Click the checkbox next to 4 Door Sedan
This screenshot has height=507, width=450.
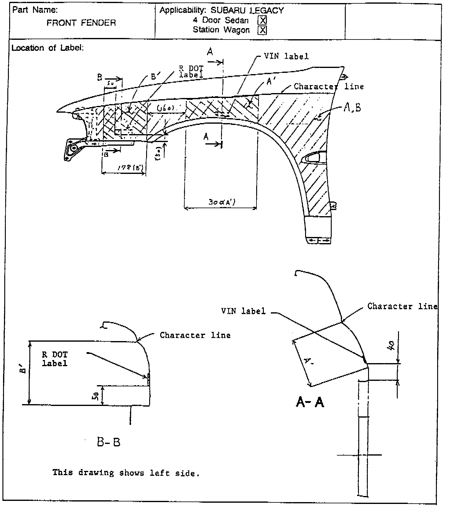262,21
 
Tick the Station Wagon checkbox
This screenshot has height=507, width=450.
262,30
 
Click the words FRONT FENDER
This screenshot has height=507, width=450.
81,23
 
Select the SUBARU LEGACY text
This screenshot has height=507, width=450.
247,10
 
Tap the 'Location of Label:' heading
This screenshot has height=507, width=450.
47,48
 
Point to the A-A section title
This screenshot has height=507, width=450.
310,402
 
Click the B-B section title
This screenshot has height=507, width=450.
109,442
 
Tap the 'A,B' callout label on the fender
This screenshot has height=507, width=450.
352,107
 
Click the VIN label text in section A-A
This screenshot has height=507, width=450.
243,311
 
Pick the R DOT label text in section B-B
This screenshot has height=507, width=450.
55,359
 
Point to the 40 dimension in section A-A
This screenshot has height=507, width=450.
391,346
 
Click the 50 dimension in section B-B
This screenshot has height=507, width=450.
95,396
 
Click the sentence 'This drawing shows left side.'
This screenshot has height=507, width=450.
126,473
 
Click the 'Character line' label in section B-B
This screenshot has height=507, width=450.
195,335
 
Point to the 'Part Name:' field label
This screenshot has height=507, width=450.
35,10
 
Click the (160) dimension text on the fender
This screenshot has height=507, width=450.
165,109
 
